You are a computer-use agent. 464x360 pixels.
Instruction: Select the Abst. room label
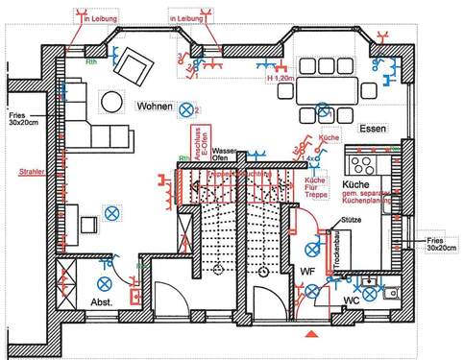(102, 302)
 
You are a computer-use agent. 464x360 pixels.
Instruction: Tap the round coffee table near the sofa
(112, 101)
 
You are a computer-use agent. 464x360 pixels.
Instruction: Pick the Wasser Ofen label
(224, 156)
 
